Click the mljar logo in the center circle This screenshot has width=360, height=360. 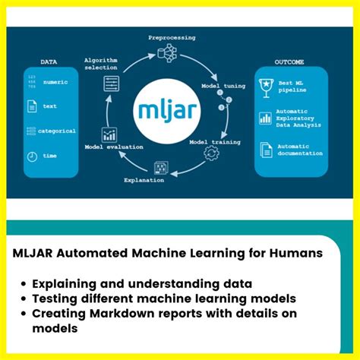click(179, 107)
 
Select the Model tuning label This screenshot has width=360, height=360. click(223, 86)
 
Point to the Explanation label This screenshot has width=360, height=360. click(144, 180)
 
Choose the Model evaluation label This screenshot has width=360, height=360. click(113, 147)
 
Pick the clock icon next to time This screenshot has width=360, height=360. click(33, 156)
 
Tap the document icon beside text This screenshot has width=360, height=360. click(33, 107)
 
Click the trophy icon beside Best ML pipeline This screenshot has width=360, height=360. click(266, 84)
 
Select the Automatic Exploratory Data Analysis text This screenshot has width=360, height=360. click(300, 118)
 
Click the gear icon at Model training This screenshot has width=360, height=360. click(210, 153)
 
